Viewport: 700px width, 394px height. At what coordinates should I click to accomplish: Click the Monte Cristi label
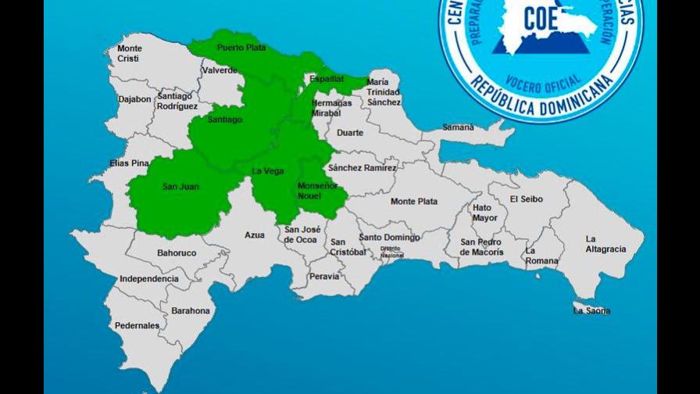(130, 53)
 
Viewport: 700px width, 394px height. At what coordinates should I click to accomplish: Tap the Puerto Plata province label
(241, 48)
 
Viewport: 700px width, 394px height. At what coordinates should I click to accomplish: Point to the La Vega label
(267, 171)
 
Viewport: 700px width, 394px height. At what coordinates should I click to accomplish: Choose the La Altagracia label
(605, 244)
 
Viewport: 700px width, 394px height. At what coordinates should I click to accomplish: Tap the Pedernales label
(137, 326)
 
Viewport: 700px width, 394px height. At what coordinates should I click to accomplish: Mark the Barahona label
(191, 310)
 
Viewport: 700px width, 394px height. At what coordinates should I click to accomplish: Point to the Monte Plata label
(414, 201)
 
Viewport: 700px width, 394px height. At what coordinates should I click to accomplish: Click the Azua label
(255, 235)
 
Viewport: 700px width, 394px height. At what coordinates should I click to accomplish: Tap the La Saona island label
(591, 311)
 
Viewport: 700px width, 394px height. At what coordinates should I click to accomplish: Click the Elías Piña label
(129, 163)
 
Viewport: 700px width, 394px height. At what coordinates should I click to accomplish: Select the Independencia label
(148, 278)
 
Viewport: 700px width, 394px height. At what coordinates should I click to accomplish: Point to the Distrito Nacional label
(391, 252)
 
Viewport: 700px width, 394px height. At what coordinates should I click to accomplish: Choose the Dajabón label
(134, 99)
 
